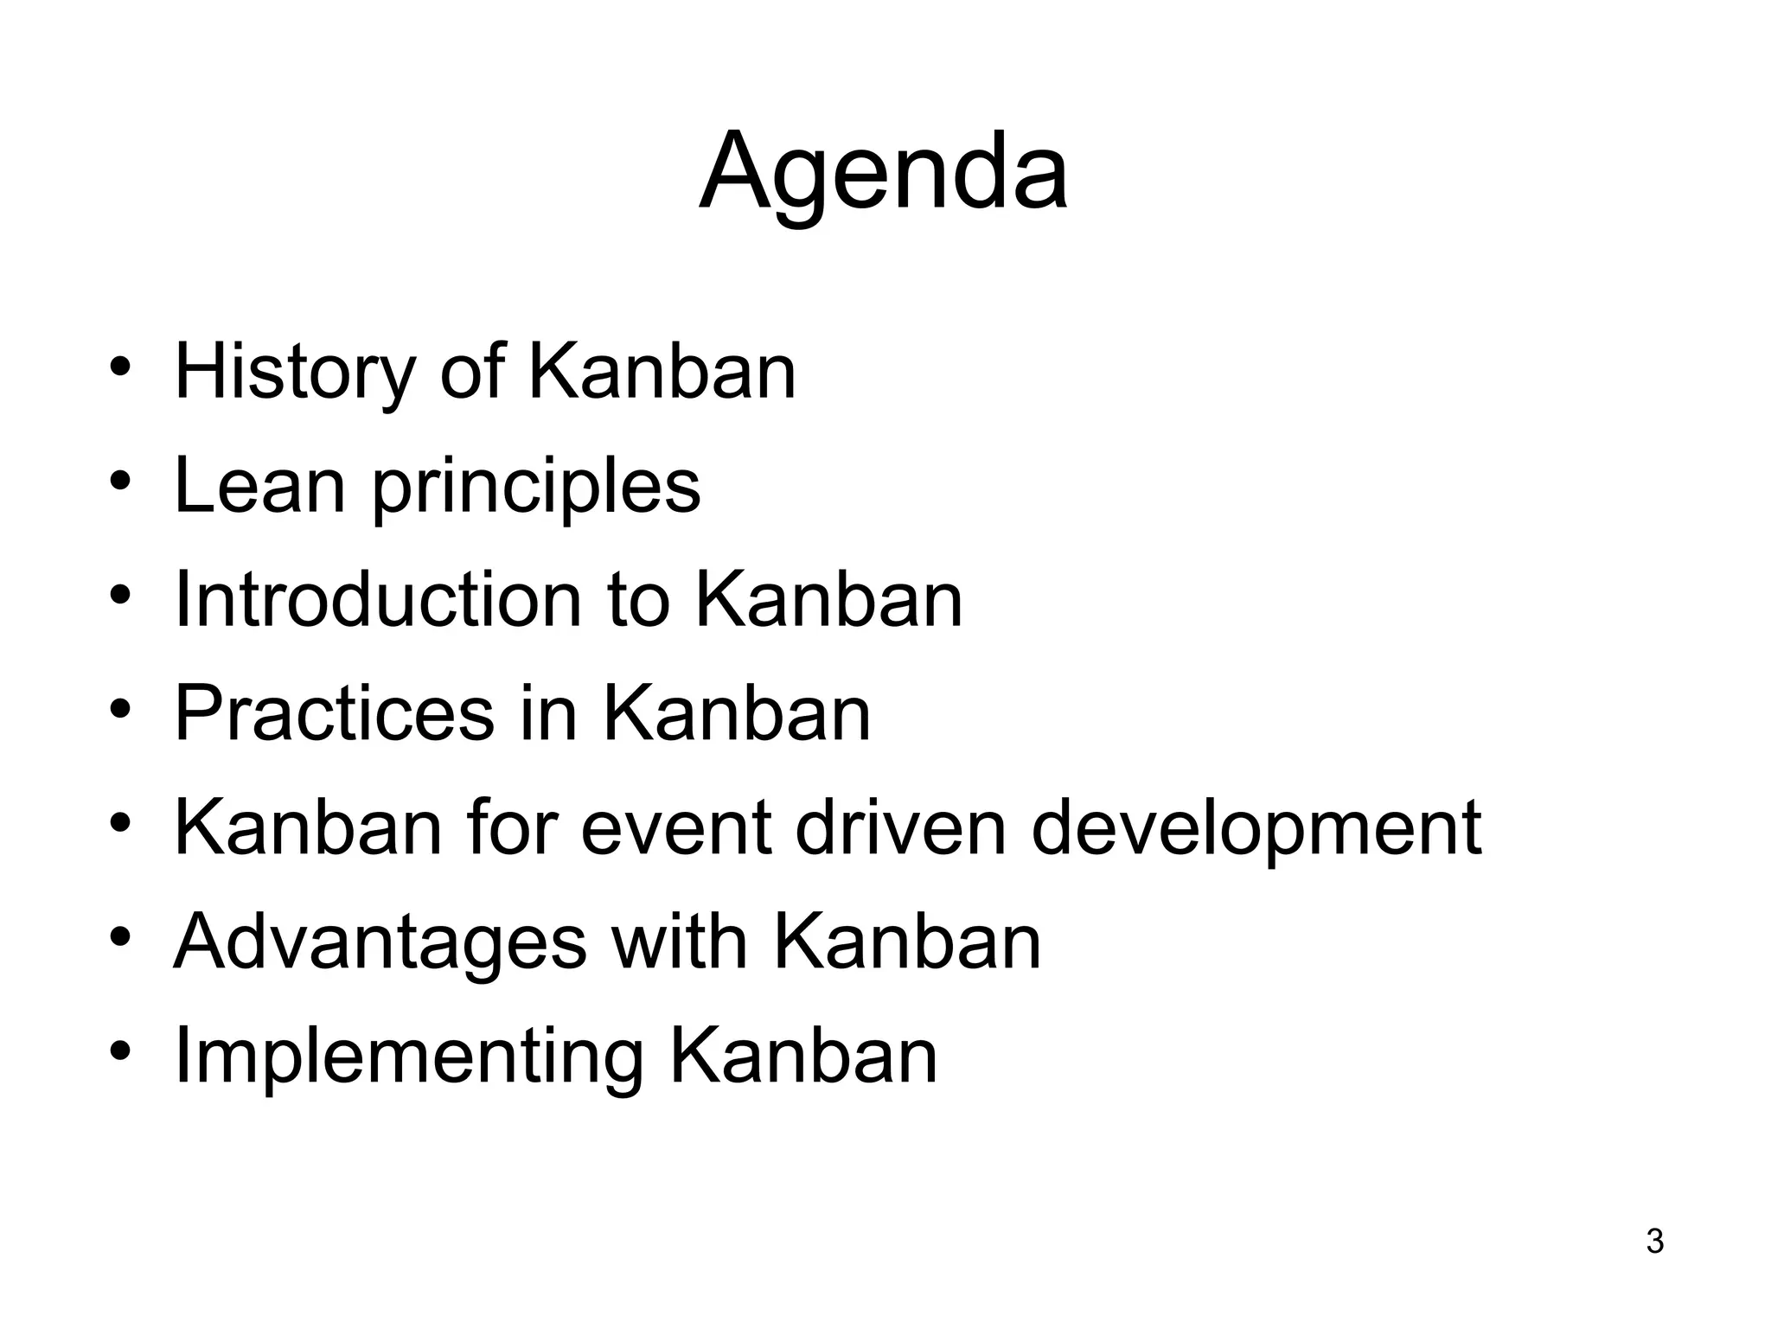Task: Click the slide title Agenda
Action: click(883, 173)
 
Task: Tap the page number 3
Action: click(1654, 1242)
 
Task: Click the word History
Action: click(295, 372)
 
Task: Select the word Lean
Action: click(259, 486)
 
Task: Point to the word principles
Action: click(536, 489)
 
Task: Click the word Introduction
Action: click(377, 599)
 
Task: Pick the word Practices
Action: click(334, 713)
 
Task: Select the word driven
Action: click(900, 827)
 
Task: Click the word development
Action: click(1256, 830)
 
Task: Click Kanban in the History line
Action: click(662, 372)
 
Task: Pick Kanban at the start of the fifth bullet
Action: click(308, 827)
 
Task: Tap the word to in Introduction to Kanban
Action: click(638, 599)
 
